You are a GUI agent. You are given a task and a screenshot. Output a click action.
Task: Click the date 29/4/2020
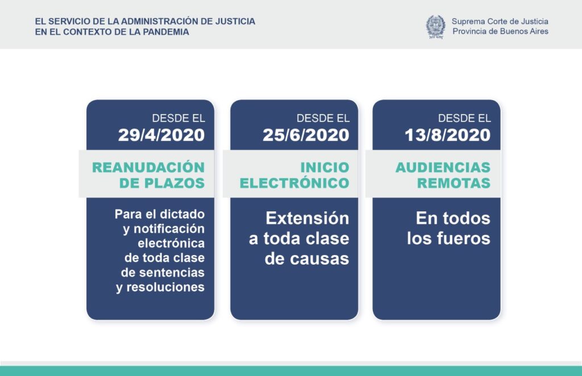[161, 135]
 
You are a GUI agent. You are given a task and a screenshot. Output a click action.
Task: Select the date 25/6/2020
[306, 135]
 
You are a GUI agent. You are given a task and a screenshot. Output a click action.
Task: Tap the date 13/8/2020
[448, 135]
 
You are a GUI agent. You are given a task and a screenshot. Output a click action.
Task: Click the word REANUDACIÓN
[148, 167]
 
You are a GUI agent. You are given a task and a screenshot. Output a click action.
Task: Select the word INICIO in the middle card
[325, 167]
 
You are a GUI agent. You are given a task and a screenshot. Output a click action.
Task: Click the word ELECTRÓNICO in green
[294, 183]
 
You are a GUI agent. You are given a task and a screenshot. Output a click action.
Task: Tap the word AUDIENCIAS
[443, 167]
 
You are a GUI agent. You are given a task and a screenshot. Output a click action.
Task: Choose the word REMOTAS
[454, 183]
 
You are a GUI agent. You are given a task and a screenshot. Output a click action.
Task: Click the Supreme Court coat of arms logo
[436, 27]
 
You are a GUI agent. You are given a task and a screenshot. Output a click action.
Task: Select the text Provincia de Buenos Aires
[500, 31]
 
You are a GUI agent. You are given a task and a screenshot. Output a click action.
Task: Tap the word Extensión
[307, 218]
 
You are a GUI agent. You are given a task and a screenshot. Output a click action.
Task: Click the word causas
[319, 259]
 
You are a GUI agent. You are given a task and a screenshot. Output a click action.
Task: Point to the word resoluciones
[165, 287]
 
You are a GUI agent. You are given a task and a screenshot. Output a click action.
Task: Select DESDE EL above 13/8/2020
[464, 118]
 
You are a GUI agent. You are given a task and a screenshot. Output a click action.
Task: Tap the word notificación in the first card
[169, 229]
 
